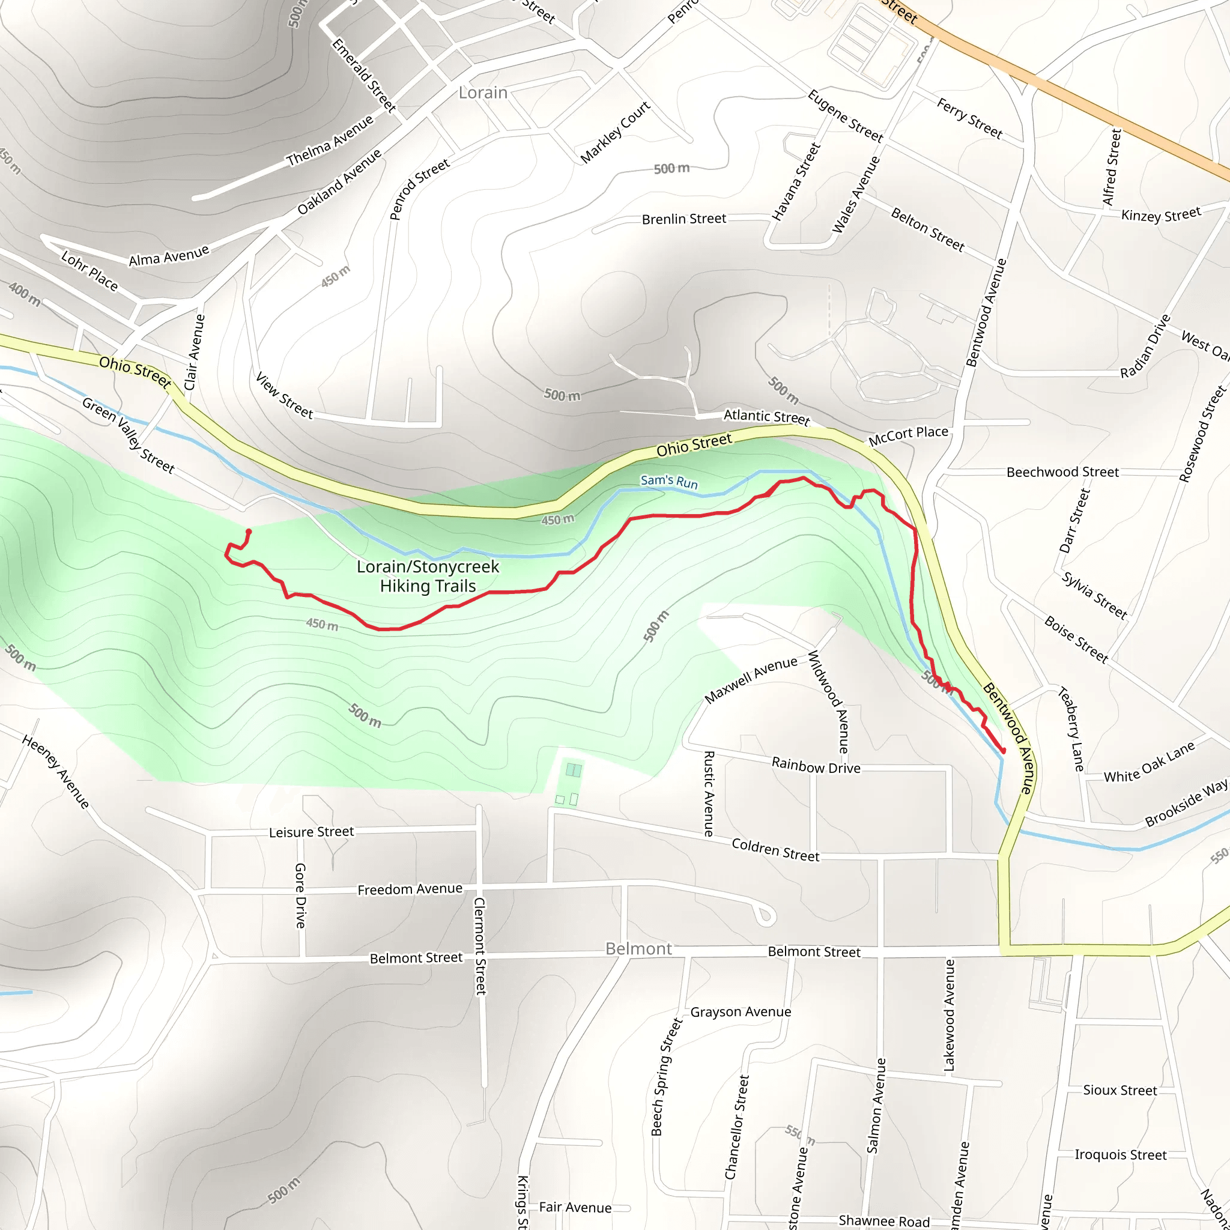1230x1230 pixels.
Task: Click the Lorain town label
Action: point(483,93)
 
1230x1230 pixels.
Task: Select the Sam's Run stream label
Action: point(669,481)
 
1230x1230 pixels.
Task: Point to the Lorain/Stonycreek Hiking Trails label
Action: point(428,576)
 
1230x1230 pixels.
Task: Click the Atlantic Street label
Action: point(766,417)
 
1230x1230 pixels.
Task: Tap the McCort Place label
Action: point(909,435)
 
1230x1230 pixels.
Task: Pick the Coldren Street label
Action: point(775,850)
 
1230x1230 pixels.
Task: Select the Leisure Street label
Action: point(311,832)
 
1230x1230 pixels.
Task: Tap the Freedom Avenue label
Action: point(410,889)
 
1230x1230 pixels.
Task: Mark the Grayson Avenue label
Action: point(741,1011)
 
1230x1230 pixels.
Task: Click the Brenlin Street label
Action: point(683,219)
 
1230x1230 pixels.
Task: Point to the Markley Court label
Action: point(615,132)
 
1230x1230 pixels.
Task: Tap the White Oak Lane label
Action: point(1149,763)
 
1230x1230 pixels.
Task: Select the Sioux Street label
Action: point(1120,1090)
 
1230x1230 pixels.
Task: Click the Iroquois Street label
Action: point(1121,1155)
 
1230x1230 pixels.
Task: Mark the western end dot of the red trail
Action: point(248,532)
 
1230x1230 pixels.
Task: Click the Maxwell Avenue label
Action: point(751,680)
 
